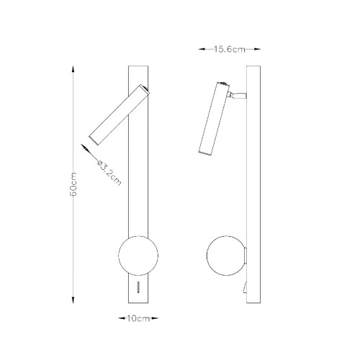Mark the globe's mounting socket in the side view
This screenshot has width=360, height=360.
[x=244, y=256]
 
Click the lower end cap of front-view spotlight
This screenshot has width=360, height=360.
[x=91, y=138]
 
